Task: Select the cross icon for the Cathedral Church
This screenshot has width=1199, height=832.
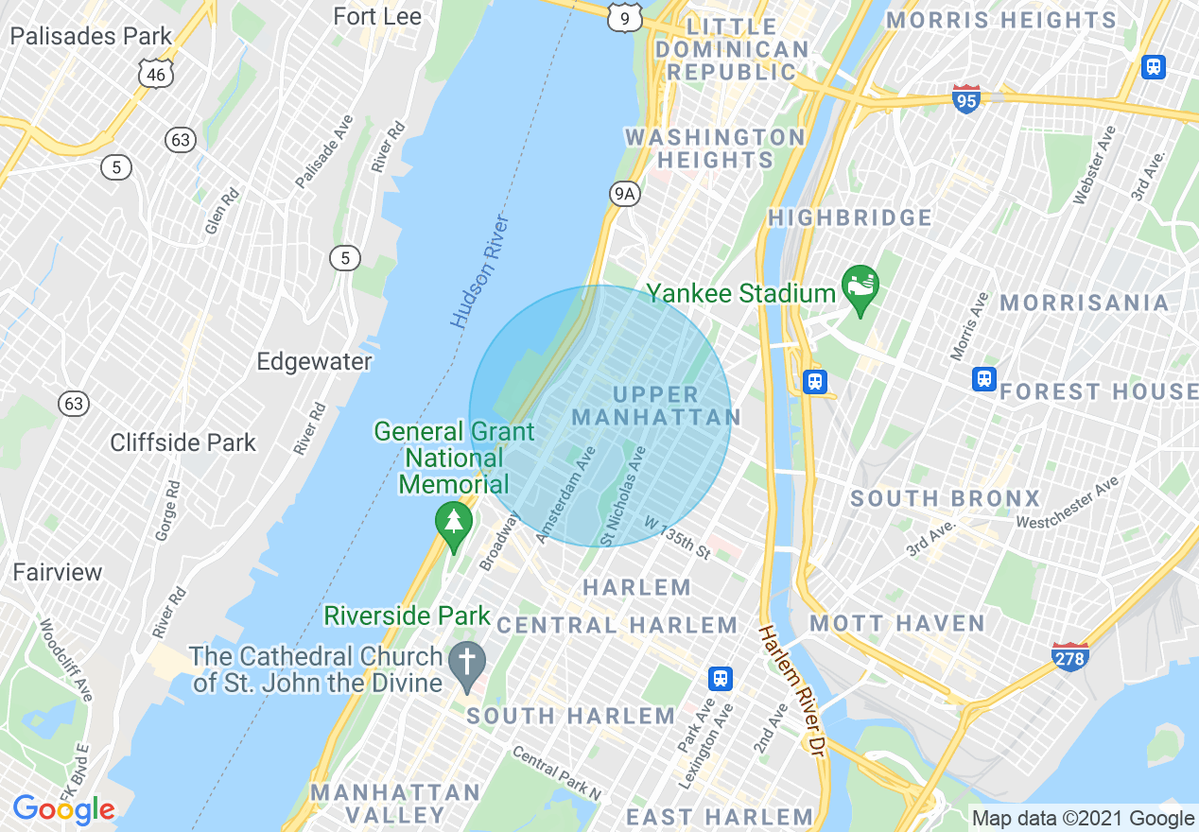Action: pos(466,660)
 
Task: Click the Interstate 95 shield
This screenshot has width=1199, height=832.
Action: pos(965,98)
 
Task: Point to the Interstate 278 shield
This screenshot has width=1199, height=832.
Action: pos(1069,656)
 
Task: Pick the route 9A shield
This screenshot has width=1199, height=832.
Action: pos(624,195)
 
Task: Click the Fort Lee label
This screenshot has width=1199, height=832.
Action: pos(377,17)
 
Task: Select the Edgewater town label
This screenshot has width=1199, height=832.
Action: pos(315,362)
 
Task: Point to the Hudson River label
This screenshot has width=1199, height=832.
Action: pos(480,272)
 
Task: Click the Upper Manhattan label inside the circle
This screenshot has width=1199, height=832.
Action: pos(656,407)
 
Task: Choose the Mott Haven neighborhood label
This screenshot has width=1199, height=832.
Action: pos(897,624)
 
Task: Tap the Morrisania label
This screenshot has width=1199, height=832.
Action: pos(1084,303)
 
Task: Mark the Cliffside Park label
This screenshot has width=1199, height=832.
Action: pos(182,442)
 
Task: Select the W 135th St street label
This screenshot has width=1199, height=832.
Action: pos(677,537)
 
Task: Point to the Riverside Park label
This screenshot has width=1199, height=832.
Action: pos(407,616)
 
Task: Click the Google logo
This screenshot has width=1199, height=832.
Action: pos(63,809)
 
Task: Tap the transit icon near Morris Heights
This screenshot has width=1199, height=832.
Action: pos(1153,67)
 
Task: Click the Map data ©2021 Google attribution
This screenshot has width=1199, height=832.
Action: pos(1084,819)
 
